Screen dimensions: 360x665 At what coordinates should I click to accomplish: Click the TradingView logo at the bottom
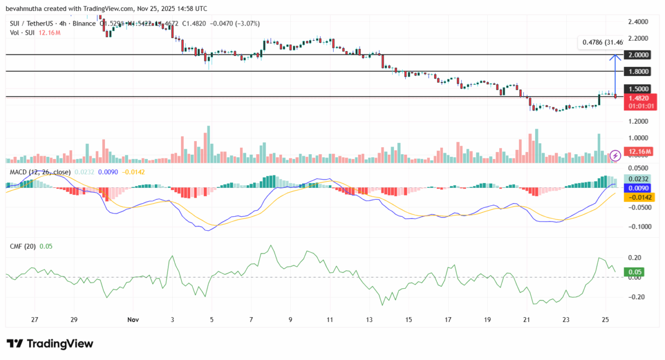50,344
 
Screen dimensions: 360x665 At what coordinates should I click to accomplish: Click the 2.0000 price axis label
638,55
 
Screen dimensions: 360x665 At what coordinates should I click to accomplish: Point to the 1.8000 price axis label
638,72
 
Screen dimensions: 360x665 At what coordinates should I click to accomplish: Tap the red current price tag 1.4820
639,98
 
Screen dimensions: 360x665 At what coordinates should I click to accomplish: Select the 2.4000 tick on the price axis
638,22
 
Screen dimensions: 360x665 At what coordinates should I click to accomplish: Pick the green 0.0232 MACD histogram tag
639,179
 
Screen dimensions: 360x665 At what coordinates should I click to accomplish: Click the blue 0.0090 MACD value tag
639,188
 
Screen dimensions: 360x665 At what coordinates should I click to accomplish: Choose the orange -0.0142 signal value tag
639,198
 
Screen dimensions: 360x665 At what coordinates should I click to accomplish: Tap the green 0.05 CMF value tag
636,272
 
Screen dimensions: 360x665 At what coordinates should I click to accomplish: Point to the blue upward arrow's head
616,56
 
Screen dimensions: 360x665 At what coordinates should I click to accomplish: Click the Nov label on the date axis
132,320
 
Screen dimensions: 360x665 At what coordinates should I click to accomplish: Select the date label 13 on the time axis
370,320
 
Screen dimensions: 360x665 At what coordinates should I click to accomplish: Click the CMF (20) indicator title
23,246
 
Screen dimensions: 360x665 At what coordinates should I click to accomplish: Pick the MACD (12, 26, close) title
40,172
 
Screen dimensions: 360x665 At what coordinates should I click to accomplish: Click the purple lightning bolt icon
616,156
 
